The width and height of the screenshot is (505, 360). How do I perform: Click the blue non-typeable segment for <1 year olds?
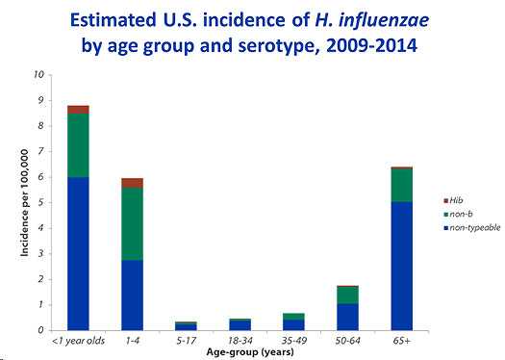[x=78, y=253]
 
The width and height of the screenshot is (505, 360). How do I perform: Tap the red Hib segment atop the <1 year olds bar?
[x=78, y=110]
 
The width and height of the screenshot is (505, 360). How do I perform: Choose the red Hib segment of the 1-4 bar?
[x=132, y=183]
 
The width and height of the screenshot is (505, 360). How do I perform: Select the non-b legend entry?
[x=445, y=213]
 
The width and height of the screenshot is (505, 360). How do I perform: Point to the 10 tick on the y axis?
[x=38, y=75]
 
